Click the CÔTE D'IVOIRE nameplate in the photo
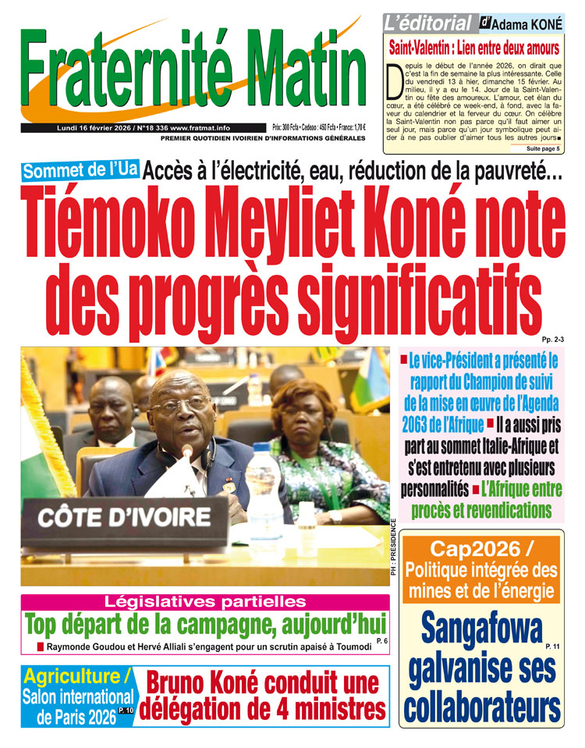click(x=124, y=518)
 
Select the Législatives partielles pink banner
click(x=204, y=601)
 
